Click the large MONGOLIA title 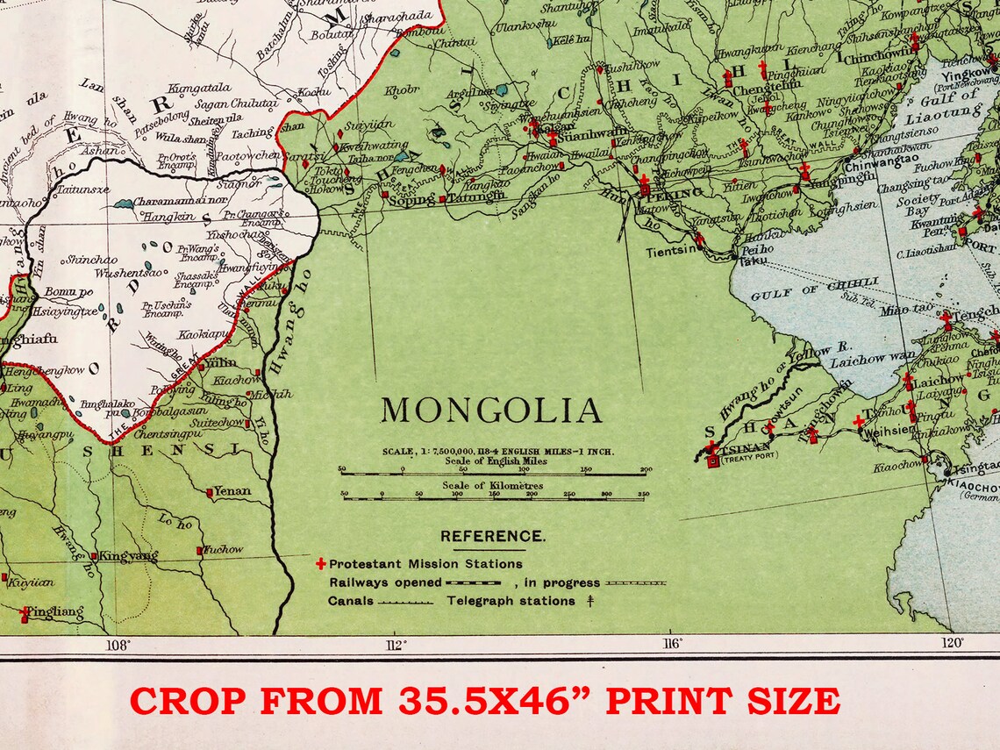click(491, 411)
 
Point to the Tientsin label click(672, 250)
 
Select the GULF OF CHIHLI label click(814, 289)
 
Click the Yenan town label click(232, 492)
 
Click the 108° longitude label click(118, 645)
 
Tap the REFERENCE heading click(492, 536)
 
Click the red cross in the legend click(321, 564)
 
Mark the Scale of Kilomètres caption click(492, 485)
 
